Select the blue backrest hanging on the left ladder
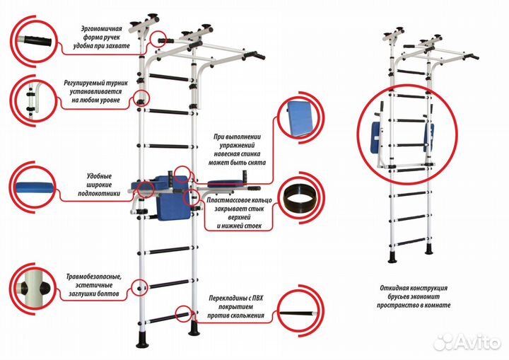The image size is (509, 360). (x=172, y=205)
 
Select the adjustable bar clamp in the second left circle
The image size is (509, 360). (x=31, y=100)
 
